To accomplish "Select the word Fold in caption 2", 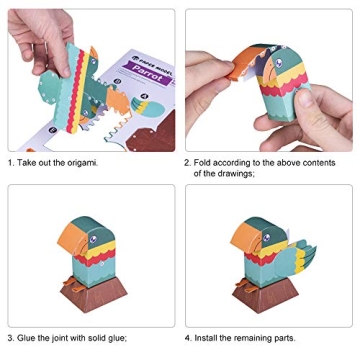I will pos(205,161).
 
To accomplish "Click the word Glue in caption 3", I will pos(31,337).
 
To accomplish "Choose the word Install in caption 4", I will pos(208,337).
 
